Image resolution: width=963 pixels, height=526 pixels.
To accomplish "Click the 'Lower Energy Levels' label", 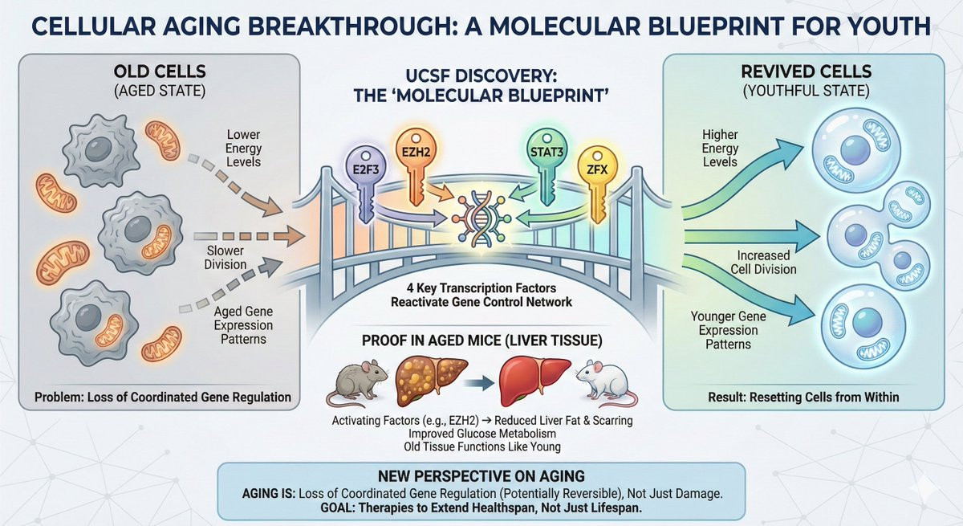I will tap(244, 149).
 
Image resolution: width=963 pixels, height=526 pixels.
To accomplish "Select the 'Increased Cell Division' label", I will tap(767, 263).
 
